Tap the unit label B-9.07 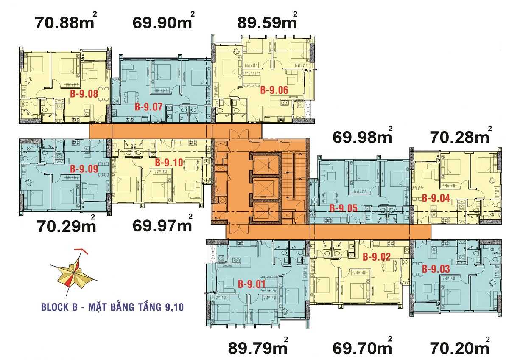click(148, 107)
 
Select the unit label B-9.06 click(274, 90)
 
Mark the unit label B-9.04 click(436, 197)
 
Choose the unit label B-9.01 click(252, 284)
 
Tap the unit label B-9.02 click(376, 256)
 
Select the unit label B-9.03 click(436, 269)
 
